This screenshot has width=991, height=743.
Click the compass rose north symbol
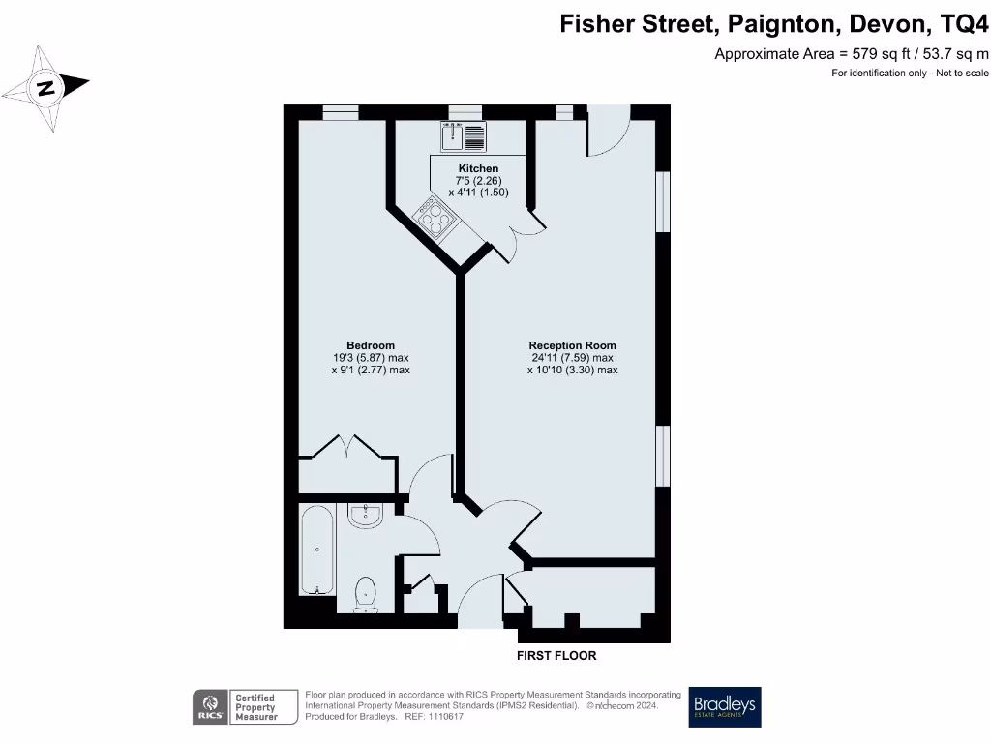[45, 89]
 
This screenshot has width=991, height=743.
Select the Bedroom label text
[371, 345]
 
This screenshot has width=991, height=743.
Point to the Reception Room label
[572, 345]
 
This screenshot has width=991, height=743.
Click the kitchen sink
[464, 137]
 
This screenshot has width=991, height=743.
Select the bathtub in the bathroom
[316, 550]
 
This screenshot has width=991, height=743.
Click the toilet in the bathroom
[366, 593]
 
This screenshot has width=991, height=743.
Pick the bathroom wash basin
[366, 515]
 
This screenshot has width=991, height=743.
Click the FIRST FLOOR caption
[556, 656]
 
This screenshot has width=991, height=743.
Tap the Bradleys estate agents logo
[725, 707]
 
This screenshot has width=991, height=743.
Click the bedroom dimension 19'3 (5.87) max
[371, 357]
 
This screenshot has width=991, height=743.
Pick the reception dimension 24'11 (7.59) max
[572, 357]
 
